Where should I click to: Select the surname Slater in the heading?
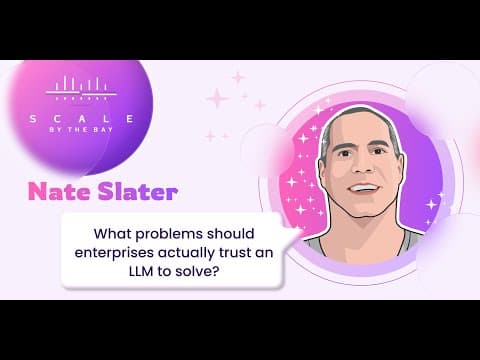tap(138, 192)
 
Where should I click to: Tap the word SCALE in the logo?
tap(82, 119)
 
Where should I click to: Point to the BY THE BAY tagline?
tap(81, 130)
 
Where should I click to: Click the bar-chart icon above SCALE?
tap(82, 88)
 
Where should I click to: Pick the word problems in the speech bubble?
tap(169, 234)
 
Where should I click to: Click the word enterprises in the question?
tap(114, 253)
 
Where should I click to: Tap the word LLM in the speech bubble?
tap(141, 271)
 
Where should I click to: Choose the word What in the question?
tap(113, 233)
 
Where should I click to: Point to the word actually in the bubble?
tap(186, 253)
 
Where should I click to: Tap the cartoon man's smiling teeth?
tap(363, 187)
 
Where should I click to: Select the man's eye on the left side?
tap(344, 154)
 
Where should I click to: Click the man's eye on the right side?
tap(378, 151)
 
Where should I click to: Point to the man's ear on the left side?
tap(322, 166)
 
